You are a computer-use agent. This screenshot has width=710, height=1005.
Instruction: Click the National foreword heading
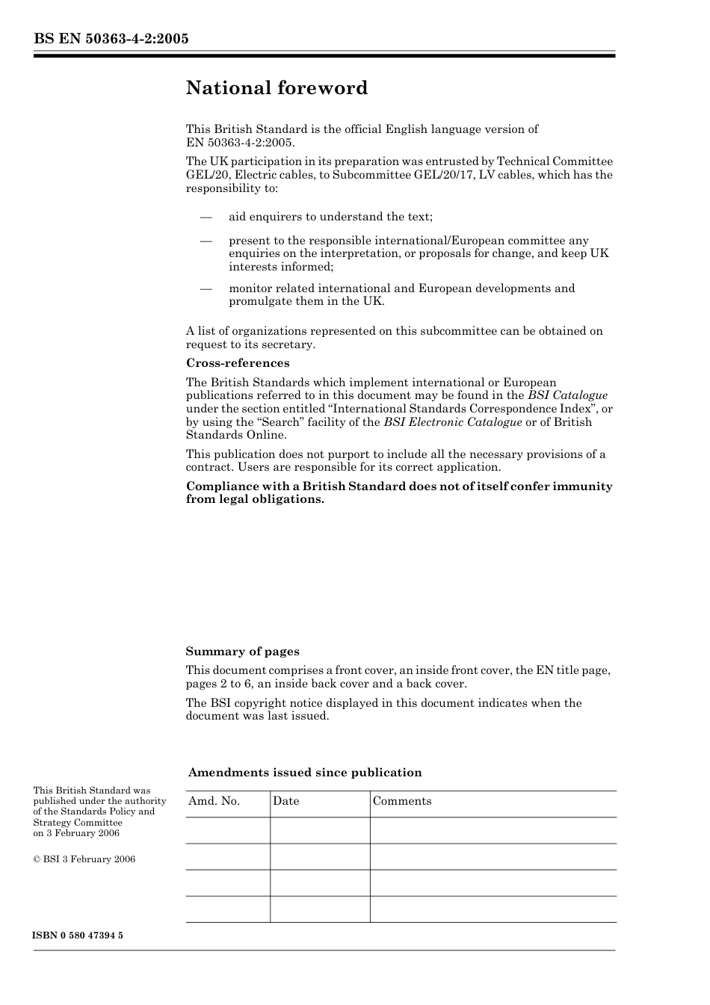coord(277,88)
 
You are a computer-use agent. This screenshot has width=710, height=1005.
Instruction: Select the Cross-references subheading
coord(237,363)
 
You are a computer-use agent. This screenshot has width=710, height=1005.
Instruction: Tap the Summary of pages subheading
coord(242,652)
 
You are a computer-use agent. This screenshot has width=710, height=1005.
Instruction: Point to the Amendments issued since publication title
coord(305,773)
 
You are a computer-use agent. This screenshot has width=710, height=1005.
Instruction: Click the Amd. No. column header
coord(214,801)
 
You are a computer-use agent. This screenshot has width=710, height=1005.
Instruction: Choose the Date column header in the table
coord(285,801)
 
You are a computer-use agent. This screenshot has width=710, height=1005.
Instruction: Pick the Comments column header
coord(402,801)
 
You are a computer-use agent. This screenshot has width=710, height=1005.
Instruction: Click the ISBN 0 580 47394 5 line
coord(78,936)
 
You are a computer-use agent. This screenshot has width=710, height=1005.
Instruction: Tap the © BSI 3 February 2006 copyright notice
coord(84,859)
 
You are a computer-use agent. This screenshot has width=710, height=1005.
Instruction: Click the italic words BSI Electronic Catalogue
coord(452,422)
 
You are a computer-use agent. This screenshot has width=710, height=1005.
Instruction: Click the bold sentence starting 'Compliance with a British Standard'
coord(398,492)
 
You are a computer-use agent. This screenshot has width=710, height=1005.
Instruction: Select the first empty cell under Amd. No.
coord(227,830)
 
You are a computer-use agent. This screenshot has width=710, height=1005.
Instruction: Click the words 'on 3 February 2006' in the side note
coord(76,833)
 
